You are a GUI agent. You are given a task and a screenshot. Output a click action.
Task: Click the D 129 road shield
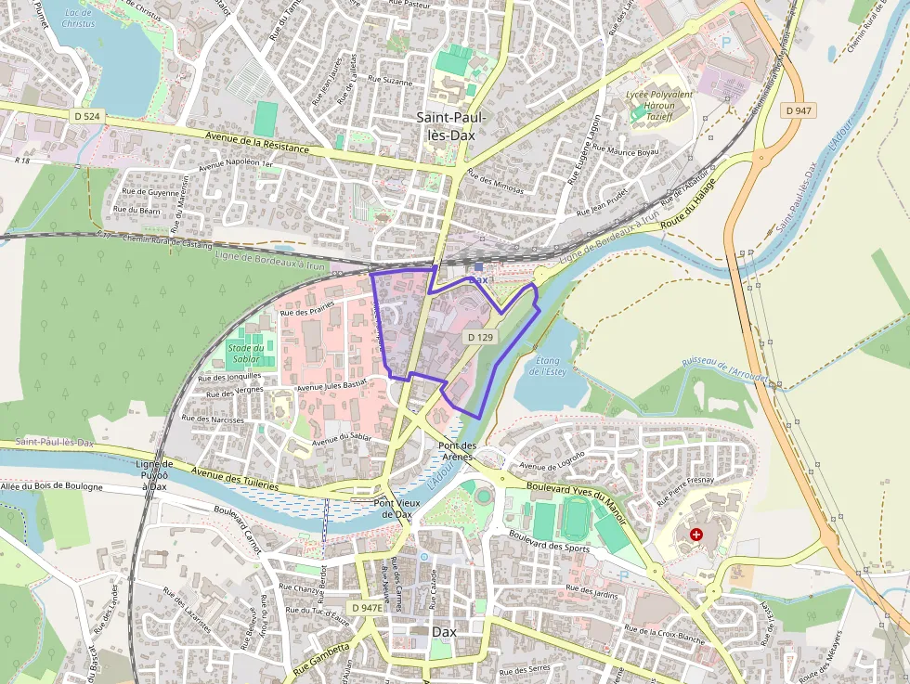(479, 338)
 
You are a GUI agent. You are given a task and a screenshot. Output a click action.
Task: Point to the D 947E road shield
(367, 608)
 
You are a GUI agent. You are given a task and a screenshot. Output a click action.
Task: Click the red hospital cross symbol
(696, 536)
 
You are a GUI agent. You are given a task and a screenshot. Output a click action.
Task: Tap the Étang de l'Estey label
(547, 366)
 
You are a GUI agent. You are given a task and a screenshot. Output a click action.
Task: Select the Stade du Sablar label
(245, 353)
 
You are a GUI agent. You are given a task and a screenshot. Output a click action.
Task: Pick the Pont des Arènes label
(457, 451)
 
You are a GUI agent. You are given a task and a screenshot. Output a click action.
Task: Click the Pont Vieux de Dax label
(392, 509)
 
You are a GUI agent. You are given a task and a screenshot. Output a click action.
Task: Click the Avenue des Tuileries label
(235, 479)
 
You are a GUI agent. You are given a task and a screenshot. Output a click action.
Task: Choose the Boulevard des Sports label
(549, 541)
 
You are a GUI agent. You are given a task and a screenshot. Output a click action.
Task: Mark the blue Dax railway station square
(478, 266)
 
